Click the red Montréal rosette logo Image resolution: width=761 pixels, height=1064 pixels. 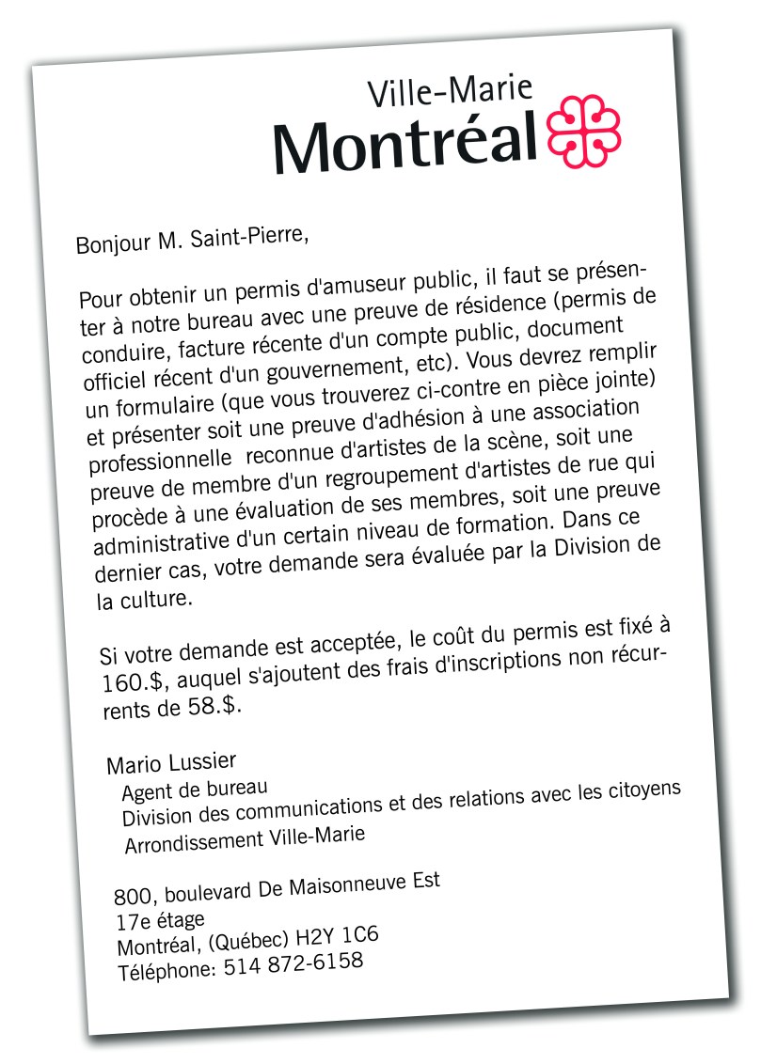(x=583, y=131)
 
